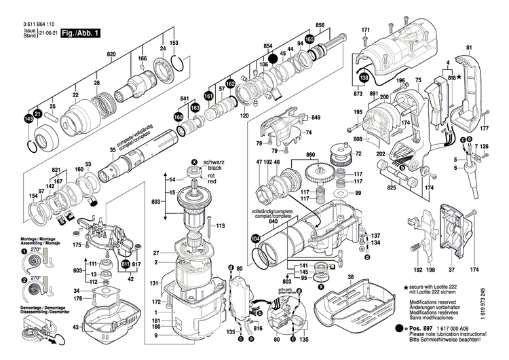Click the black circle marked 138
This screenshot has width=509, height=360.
coord(364,79)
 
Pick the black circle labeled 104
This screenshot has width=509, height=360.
coord(255,238)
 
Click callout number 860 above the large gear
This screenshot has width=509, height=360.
coord(312,156)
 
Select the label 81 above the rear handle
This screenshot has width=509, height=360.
coord(468,47)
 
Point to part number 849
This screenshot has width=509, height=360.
coord(316,118)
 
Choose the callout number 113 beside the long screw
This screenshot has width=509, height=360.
coord(220,225)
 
